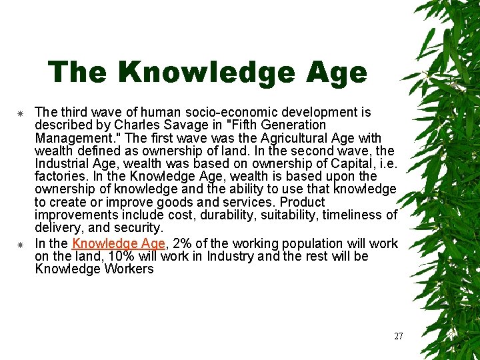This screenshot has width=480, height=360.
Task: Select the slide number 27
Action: [399, 336]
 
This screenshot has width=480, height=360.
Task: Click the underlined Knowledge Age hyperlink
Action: [118, 244]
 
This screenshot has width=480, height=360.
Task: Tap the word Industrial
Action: [63, 163]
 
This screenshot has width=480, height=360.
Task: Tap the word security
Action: [138, 228]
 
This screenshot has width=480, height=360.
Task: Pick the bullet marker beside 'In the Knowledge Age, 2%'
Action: [21, 244]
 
